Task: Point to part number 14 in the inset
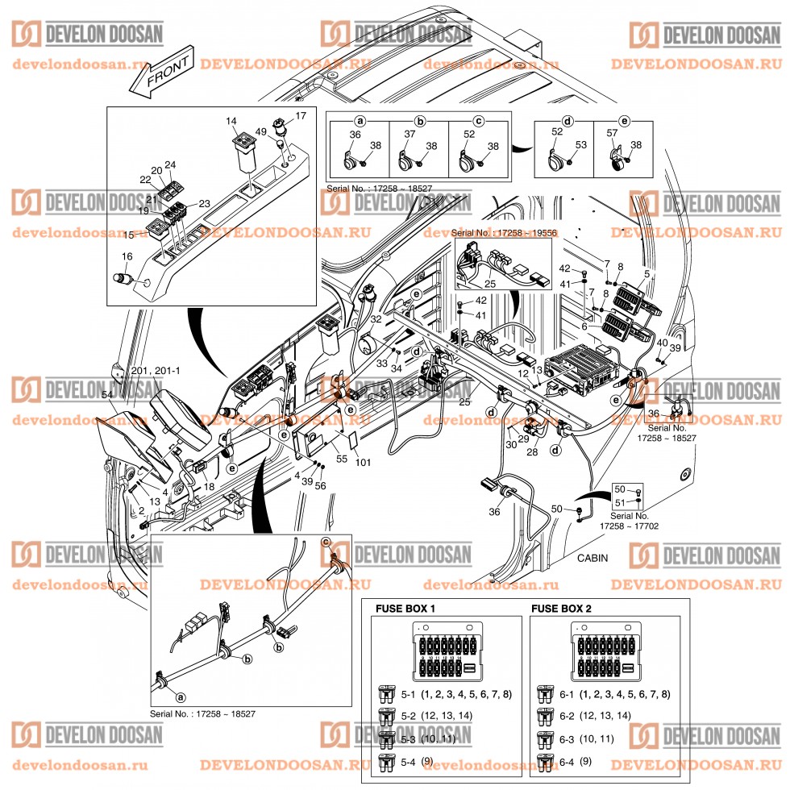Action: tap(231, 122)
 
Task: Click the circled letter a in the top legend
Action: tap(360, 121)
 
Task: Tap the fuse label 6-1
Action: tap(567, 694)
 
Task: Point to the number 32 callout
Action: tap(376, 319)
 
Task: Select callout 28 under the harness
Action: tap(532, 452)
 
